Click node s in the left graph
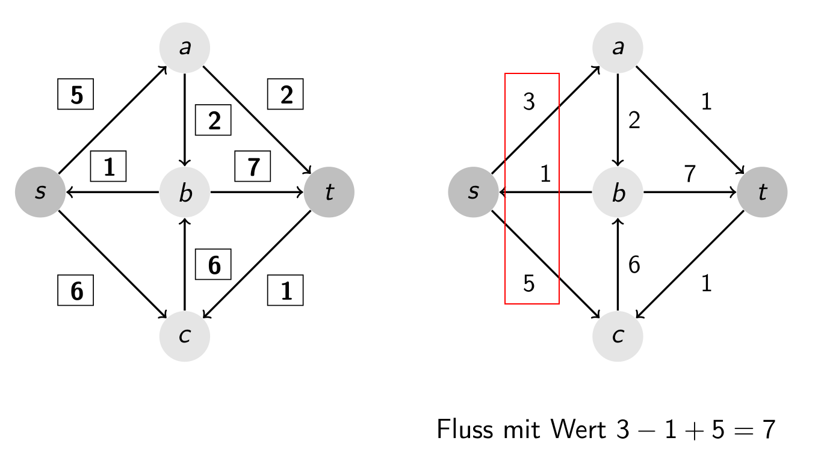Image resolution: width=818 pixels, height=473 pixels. [40, 193]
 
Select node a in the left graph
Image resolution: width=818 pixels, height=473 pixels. [185, 48]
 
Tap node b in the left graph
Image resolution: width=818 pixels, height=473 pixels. [185, 193]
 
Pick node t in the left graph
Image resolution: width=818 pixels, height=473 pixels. [329, 193]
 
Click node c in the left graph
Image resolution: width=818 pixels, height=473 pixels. [185, 336]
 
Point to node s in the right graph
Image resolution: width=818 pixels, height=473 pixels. [474, 193]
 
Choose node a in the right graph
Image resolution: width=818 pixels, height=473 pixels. [618, 48]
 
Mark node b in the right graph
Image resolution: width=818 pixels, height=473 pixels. [618, 193]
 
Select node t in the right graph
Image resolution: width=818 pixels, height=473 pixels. [763, 193]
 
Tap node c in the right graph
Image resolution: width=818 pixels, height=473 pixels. [618, 336]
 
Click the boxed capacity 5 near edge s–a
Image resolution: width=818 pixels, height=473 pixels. [76, 94]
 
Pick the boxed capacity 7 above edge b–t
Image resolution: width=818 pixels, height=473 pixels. [253, 166]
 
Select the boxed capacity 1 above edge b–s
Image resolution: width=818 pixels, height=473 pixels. [108, 166]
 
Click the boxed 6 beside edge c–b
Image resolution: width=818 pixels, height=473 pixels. [214, 265]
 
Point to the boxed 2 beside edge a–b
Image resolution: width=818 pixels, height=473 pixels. [214, 121]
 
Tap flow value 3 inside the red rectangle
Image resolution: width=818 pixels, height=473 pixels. [529, 102]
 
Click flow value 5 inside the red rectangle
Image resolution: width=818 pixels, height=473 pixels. [529, 283]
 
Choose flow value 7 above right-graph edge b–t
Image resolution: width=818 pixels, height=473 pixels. [690, 174]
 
